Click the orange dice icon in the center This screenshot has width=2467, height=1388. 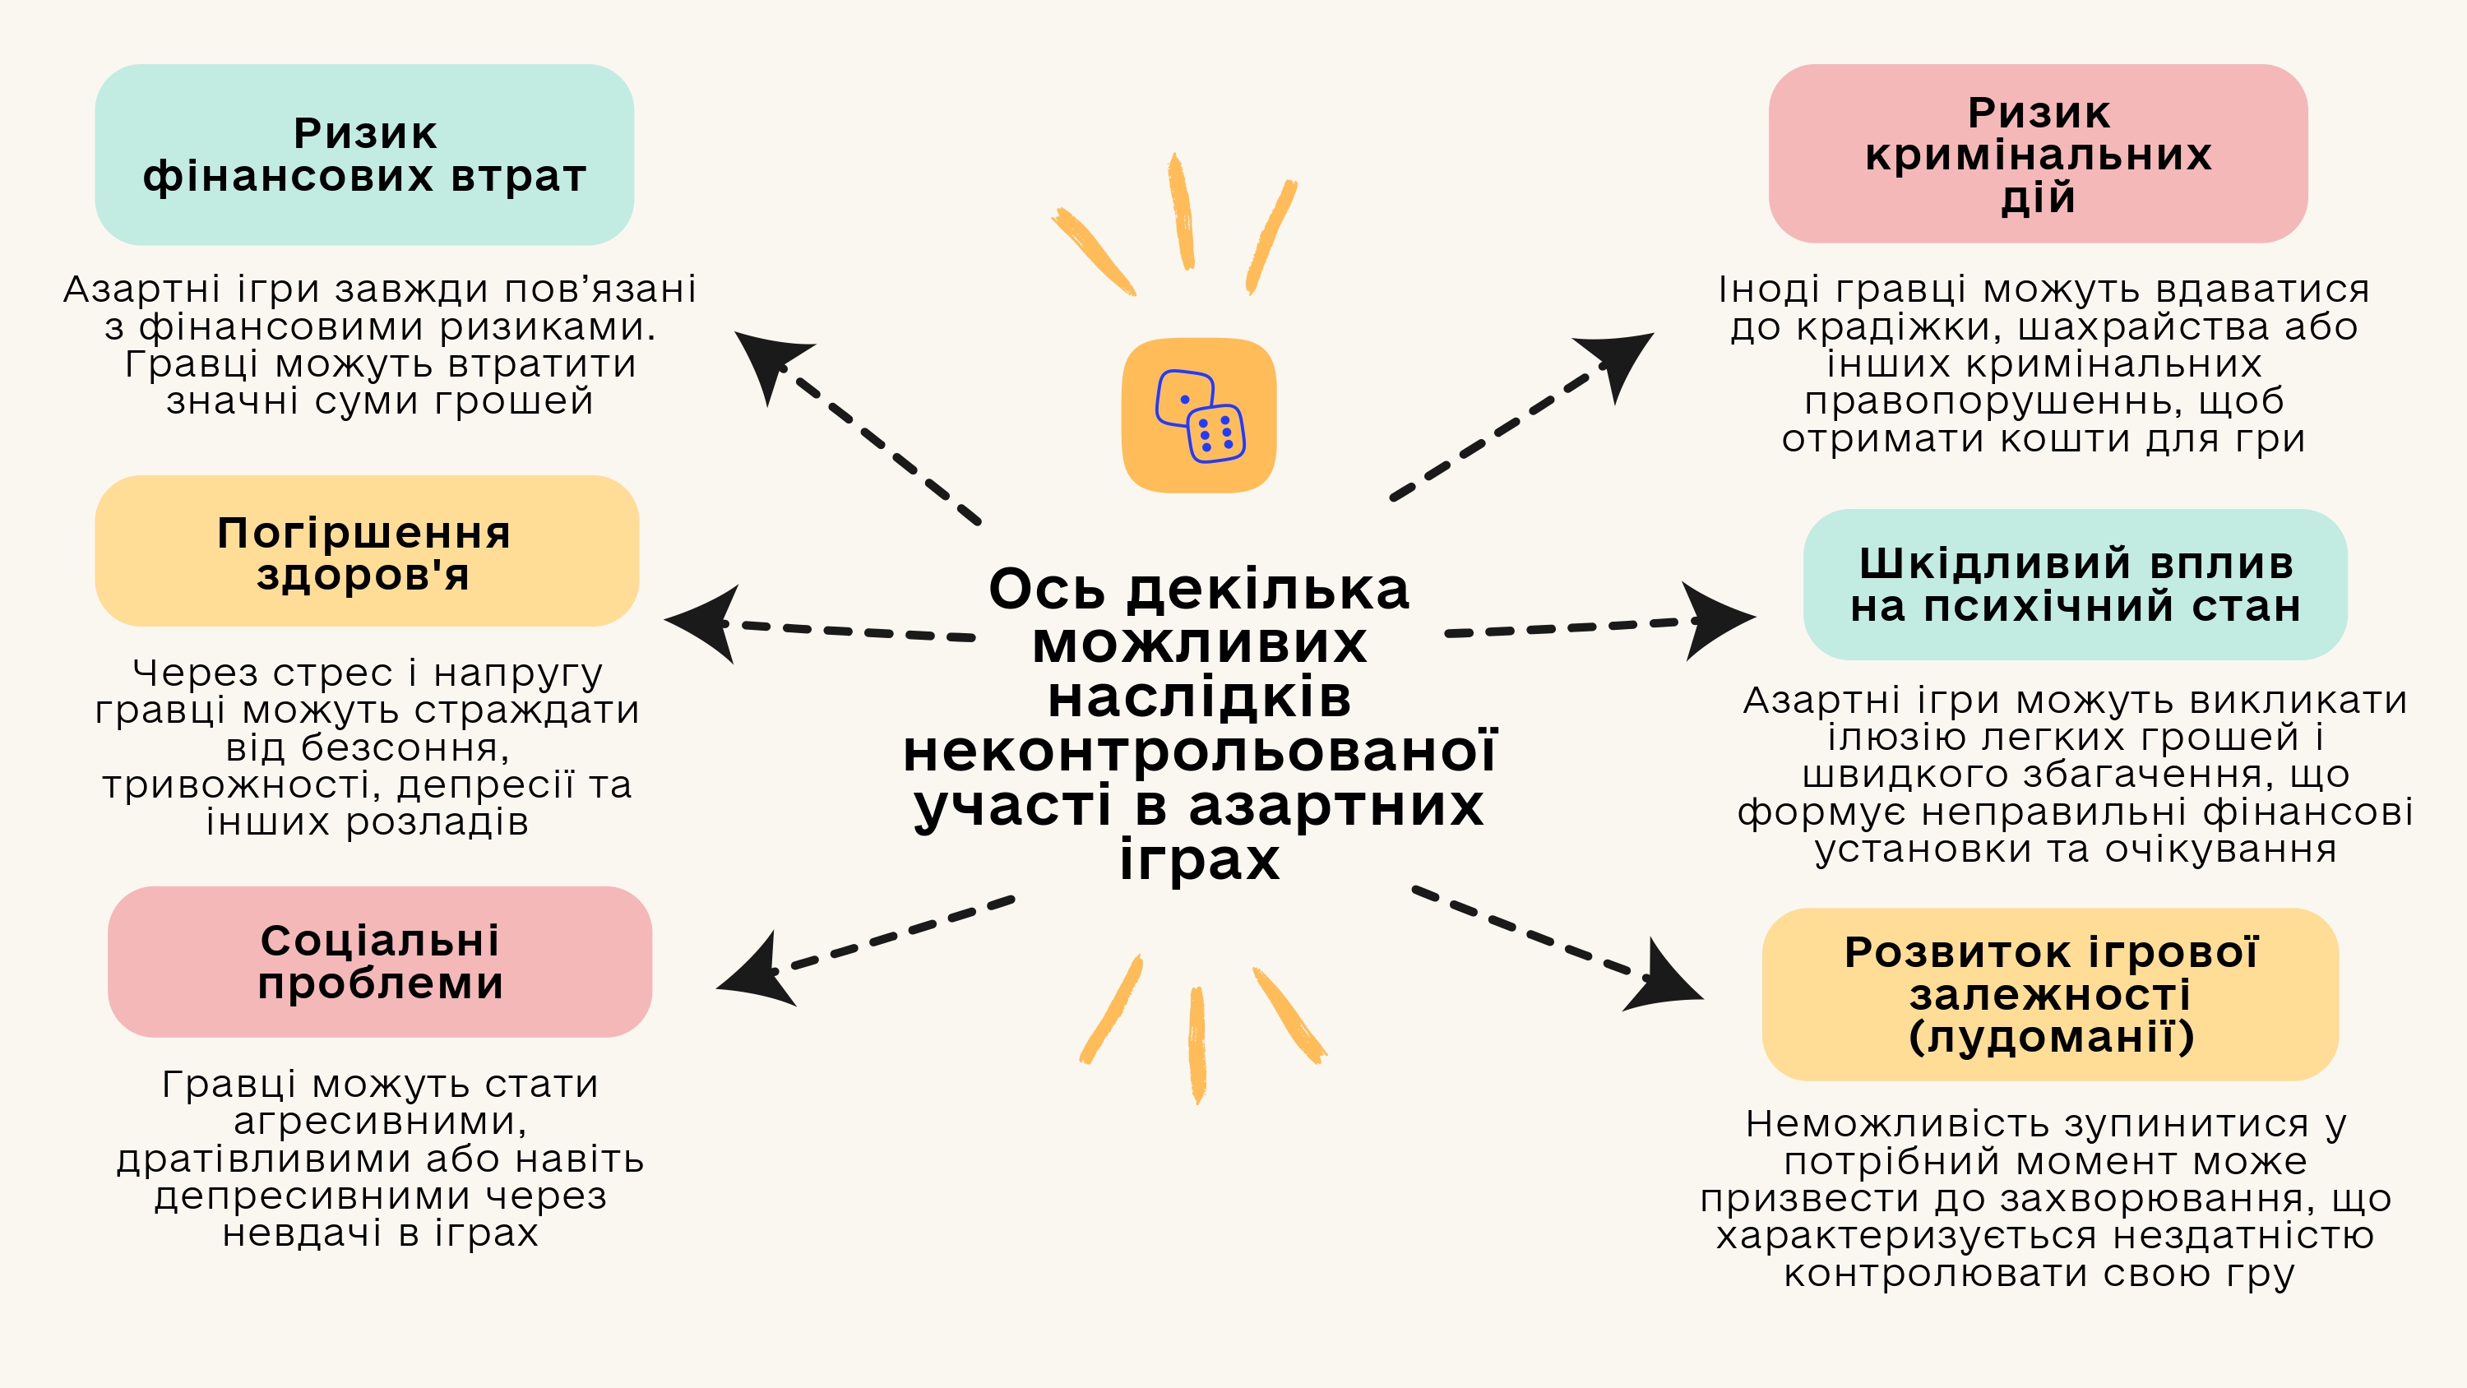[x=1199, y=416]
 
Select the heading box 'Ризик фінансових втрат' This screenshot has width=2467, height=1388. [x=364, y=155]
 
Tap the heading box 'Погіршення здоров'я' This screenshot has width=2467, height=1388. [x=367, y=551]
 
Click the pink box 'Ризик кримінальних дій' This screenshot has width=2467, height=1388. [x=2037, y=153]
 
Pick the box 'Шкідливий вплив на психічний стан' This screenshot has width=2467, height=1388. [x=2075, y=585]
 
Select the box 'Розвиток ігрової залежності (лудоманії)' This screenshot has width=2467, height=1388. [x=2049, y=994]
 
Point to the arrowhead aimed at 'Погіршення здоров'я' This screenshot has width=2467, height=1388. [x=706, y=622]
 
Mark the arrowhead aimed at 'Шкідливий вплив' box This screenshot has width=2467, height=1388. [x=1716, y=621]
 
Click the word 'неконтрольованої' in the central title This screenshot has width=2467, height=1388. [x=1199, y=751]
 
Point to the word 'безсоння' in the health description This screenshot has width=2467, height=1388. [x=368, y=747]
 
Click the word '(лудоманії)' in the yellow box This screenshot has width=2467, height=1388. [x=2050, y=1036]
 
